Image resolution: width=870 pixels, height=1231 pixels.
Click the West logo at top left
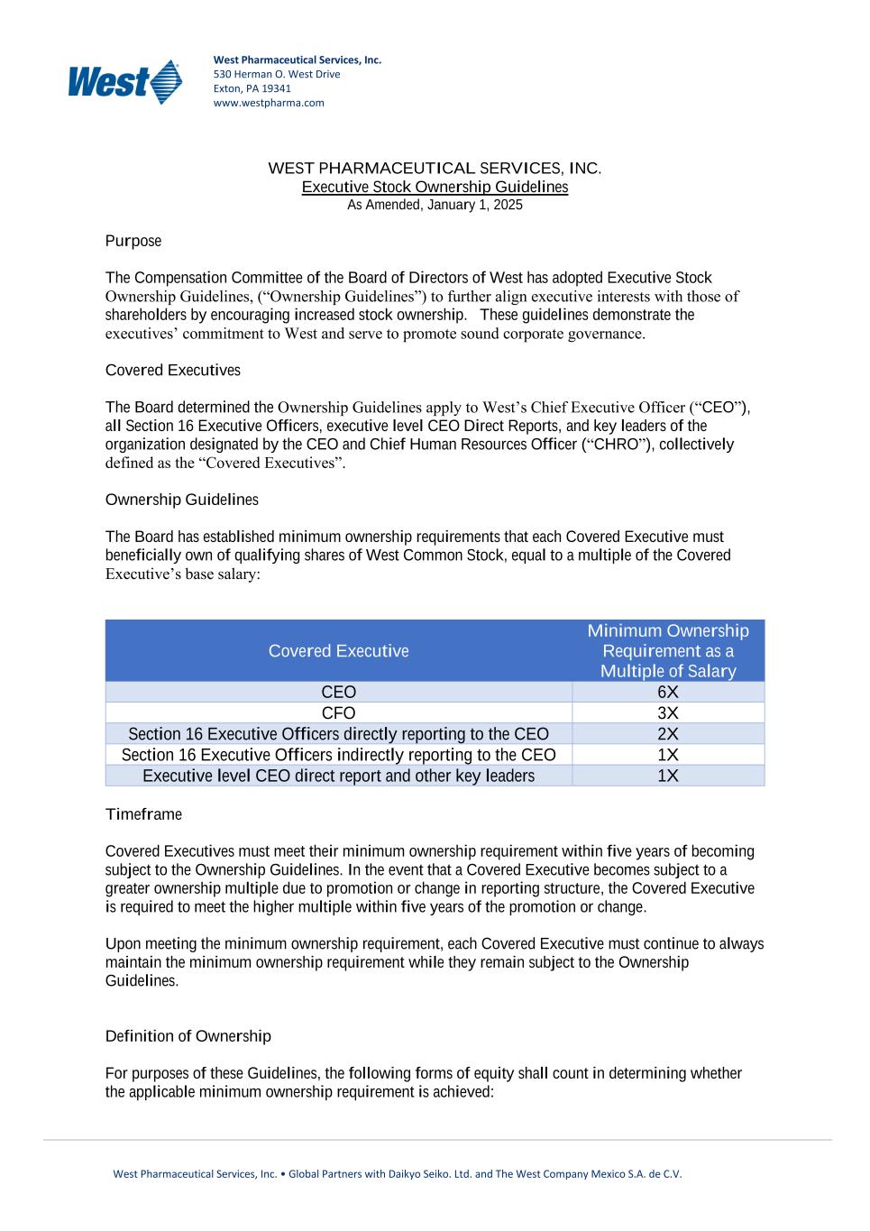(125, 82)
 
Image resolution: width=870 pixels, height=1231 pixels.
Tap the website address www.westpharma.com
(269, 103)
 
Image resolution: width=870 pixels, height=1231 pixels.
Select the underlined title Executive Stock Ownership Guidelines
(435, 187)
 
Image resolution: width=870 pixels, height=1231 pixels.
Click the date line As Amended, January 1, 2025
(435, 205)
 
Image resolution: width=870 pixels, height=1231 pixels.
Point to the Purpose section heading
(133, 241)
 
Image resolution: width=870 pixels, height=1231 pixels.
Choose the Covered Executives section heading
(173, 371)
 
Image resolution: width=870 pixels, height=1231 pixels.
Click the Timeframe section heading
(143, 814)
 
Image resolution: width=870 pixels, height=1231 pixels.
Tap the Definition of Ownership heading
(188, 1036)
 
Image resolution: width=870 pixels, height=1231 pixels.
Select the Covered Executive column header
(338, 651)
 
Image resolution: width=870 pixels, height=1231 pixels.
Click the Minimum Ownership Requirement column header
(668, 650)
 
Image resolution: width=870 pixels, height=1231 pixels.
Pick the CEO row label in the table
(338, 693)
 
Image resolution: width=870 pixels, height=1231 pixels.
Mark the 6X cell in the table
(668, 693)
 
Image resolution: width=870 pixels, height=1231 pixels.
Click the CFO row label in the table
(338, 713)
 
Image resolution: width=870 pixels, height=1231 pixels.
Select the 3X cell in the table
(668, 713)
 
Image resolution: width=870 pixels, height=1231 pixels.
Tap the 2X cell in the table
(668, 734)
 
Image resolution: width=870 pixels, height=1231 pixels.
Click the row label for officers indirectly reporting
(338, 755)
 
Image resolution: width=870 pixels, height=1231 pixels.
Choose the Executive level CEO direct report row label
(338, 776)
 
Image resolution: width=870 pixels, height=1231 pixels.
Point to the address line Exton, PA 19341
(252, 88)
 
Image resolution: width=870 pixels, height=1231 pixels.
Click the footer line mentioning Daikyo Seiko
(397, 1174)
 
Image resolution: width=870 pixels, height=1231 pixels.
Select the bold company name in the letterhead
(297, 60)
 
